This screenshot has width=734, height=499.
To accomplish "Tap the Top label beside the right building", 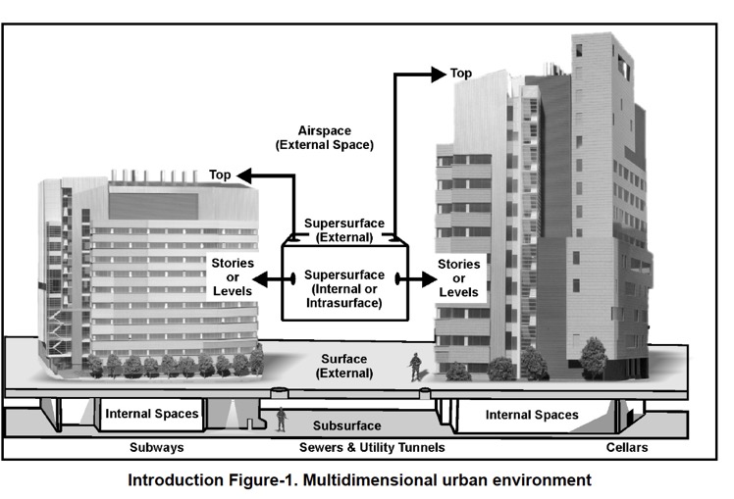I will point(460,74).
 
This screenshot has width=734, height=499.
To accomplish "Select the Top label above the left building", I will point(220,175).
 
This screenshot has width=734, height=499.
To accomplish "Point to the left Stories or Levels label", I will point(233,277).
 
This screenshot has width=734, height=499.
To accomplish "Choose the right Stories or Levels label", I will point(459,278).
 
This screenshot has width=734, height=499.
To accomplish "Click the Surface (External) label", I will point(344,366).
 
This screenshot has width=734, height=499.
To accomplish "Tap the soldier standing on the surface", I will point(416,367).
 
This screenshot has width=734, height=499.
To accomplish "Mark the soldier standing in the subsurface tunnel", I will point(282,420).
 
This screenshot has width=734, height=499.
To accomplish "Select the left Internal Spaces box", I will point(152,414).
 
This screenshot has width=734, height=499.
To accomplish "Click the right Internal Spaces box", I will point(532,415).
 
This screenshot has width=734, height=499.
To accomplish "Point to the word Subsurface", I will point(347,426).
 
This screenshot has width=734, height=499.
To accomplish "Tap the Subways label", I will point(157,448).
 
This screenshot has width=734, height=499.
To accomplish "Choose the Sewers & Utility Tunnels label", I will point(373,448).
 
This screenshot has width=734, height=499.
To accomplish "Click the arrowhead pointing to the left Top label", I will point(245,175).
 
